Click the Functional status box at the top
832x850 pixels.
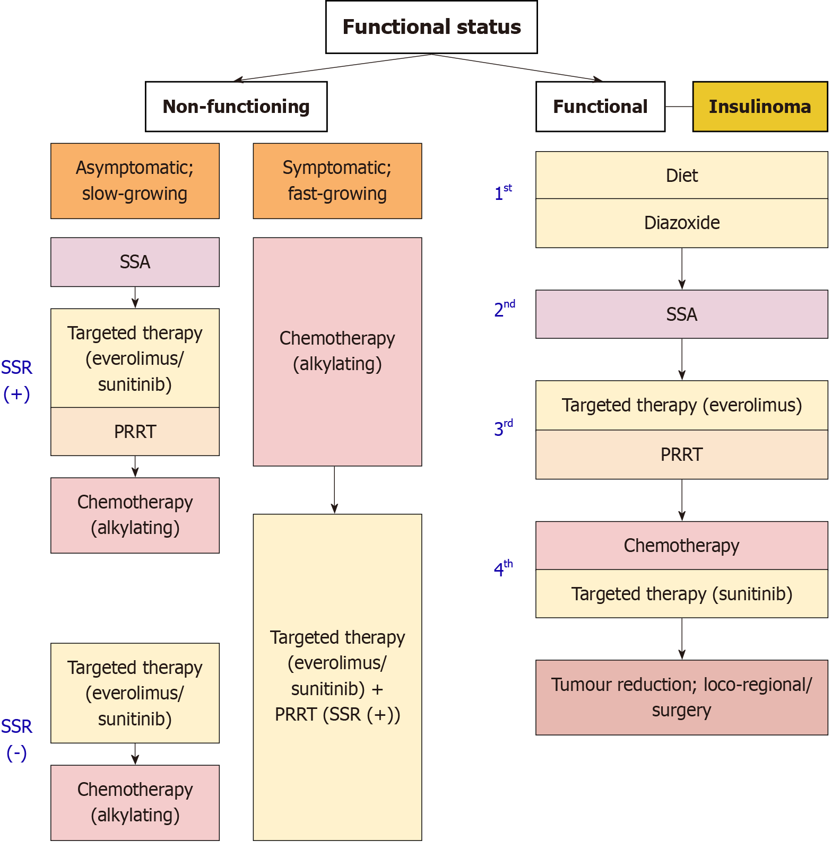tap(431, 27)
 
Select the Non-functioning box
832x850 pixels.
tap(236, 107)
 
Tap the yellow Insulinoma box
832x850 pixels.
tap(760, 107)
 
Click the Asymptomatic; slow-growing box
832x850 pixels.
tap(135, 181)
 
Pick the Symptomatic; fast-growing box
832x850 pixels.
tap(337, 181)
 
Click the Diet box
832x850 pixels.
tap(682, 176)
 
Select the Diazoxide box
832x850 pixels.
tap(682, 223)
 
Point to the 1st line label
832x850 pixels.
tap(503, 193)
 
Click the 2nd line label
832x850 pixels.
tap(505, 309)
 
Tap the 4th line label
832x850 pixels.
tap(503, 568)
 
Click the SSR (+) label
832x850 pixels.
tap(16, 381)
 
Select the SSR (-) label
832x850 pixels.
tap(16, 740)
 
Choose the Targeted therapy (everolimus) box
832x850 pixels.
tap(682, 406)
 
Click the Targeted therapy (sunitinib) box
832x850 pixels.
tap(682, 594)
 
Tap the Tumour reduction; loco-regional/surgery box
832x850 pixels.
tap(682, 697)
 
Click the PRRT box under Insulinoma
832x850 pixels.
tap(682, 454)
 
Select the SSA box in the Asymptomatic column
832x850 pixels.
tap(135, 262)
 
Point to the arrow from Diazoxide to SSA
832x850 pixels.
tap(682, 269)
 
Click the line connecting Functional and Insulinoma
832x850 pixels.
tap(679, 107)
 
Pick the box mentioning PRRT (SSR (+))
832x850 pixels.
tap(337, 677)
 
